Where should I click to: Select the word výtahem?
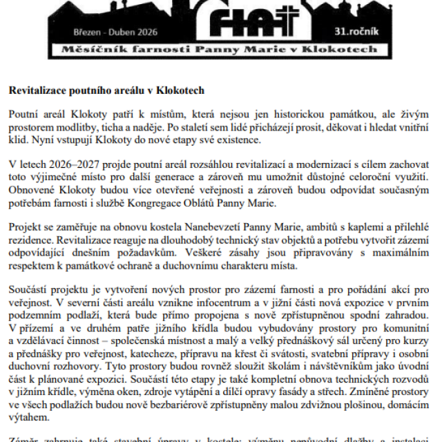tap(30, 417)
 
